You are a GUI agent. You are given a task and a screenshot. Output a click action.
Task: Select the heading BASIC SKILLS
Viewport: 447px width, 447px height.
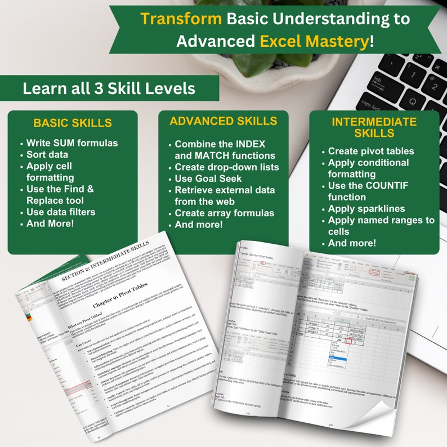click(73, 123)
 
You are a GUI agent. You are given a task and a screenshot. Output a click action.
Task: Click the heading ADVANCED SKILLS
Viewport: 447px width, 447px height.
click(223, 122)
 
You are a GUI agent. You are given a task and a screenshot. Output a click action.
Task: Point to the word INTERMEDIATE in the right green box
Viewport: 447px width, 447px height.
click(374, 122)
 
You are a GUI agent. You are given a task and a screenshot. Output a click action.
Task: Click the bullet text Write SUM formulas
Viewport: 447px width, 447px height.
click(72, 143)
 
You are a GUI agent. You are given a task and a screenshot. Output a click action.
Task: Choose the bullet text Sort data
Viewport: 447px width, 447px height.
click(48, 155)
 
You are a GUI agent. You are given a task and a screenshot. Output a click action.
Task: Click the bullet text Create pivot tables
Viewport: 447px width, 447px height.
click(371, 151)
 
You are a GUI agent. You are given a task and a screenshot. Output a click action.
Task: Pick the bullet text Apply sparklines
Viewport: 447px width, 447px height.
click(366, 209)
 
